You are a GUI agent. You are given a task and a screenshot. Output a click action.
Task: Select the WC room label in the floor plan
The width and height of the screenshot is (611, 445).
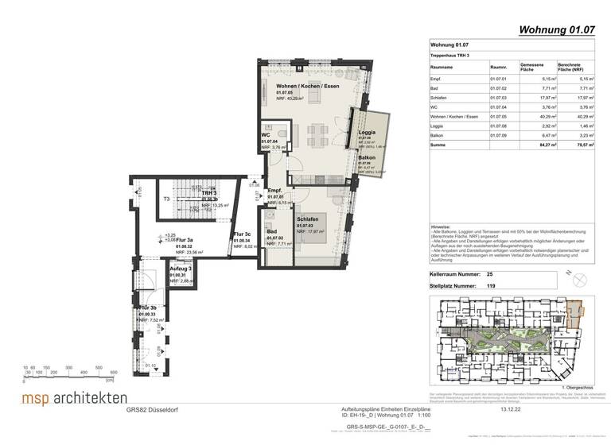[x=266, y=135]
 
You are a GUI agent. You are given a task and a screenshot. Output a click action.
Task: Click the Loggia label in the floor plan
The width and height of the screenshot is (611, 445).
[x=367, y=132]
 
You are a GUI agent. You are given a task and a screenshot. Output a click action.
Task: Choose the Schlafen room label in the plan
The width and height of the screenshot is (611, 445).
[x=309, y=219]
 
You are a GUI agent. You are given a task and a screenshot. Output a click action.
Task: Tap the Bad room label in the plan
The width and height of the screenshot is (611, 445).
[x=271, y=231]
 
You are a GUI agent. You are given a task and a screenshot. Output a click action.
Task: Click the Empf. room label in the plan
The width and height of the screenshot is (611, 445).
[x=276, y=191]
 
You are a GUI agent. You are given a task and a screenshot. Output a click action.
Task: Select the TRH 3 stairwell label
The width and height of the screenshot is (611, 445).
[x=209, y=193]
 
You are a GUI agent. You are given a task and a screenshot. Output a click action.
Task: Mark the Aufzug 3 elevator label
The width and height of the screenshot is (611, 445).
[x=181, y=269]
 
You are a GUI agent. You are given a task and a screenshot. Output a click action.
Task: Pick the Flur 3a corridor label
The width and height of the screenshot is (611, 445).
[x=185, y=240]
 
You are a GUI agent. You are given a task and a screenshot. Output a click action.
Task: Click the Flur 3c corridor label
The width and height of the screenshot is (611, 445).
[x=243, y=234]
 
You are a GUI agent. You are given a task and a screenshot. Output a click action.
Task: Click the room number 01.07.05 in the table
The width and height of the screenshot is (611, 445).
[x=498, y=117]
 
